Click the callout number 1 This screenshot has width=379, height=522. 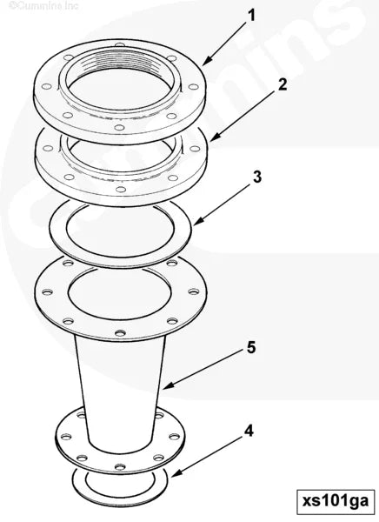point(252,15)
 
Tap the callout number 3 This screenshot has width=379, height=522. point(256,177)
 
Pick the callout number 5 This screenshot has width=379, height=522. point(250,347)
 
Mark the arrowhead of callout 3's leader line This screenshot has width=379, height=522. point(195,225)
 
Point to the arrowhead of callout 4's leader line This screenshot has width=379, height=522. point(172,477)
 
